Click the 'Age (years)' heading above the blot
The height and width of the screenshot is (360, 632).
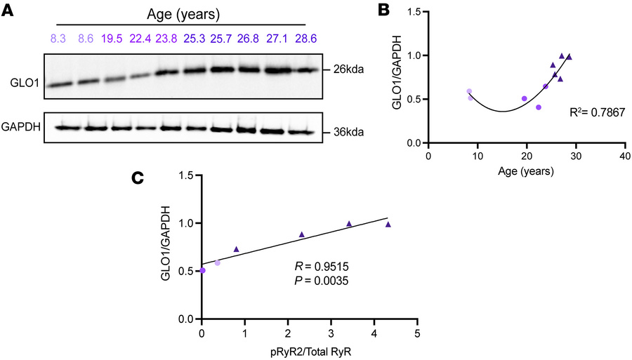click(181, 15)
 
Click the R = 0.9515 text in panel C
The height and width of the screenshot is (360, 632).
click(317, 267)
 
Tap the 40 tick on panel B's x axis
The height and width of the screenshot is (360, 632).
click(624, 156)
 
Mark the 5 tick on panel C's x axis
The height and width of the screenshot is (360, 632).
click(417, 331)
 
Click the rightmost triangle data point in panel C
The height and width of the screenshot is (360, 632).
click(388, 225)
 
